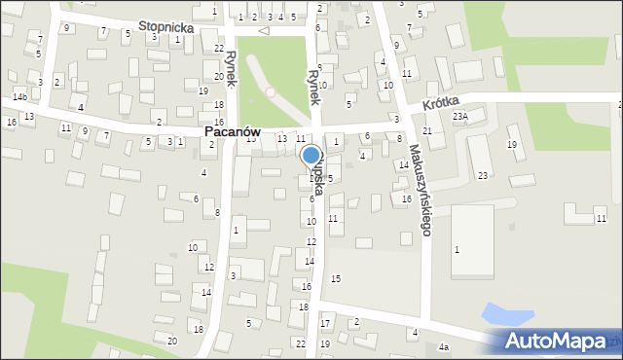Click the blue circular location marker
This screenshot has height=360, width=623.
[311, 155]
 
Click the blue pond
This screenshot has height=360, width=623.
[507, 315]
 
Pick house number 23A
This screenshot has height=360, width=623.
[460, 116]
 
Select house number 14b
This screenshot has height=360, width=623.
[19, 97]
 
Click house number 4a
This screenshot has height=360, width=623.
[444, 347]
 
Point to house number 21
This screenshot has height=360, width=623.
[427, 130]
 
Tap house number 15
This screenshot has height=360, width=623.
[336, 279]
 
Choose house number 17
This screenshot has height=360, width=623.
[326, 323]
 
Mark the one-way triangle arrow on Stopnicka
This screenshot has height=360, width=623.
[262, 30]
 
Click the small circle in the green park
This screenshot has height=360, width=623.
[271, 92]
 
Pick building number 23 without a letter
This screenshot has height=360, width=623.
[483, 175]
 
